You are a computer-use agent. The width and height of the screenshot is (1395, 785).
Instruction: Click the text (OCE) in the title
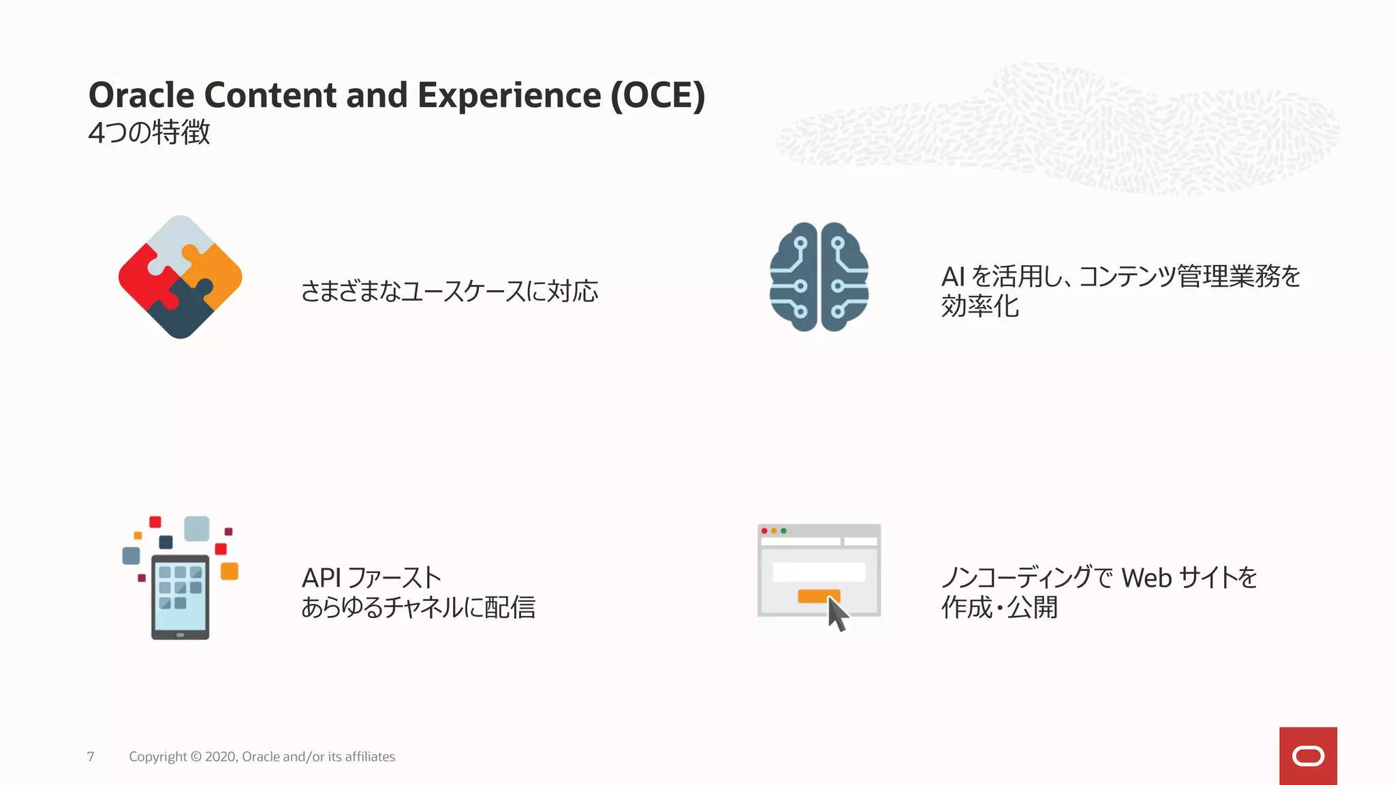[x=657, y=95]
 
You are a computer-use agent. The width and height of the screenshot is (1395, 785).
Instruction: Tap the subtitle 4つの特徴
[x=149, y=132]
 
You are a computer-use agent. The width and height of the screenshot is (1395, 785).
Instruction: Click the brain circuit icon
[x=819, y=277]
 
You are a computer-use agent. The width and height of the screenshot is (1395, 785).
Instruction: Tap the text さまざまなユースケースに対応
[x=450, y=292]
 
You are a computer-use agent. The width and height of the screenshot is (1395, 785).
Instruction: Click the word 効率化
[x=979, y=307]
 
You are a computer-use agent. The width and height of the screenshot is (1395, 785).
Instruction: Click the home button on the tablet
[x=180, y=634]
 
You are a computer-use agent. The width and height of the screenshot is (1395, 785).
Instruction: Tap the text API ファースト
[x=371, y=578]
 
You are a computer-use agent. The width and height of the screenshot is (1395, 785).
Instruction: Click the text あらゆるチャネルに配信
[x=418, y=607]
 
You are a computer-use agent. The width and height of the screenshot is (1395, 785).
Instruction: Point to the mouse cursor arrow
[x=837, y=613]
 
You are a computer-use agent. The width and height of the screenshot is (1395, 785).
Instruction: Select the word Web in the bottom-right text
[x=1146, y=578]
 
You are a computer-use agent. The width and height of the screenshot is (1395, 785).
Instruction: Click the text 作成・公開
[x=999, y=607]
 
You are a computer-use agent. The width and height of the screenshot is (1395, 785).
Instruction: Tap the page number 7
[x=91, y=756]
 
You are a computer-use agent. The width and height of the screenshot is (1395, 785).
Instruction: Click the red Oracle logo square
[x=1308, y=756]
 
